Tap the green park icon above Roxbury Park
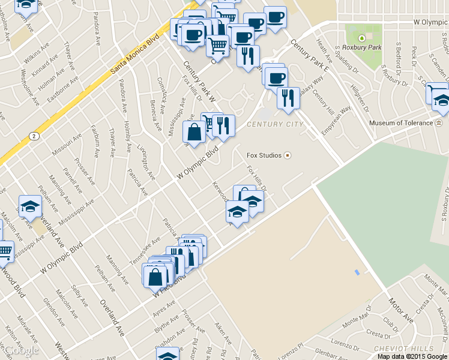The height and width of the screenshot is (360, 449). pos(362,38)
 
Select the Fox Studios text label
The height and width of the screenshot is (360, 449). pos(264,155)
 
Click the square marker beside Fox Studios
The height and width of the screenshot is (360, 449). pos(288,155)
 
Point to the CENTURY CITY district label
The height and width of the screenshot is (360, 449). pos(274,124)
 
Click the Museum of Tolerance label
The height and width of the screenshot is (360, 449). pos(400,123)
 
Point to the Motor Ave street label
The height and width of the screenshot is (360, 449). pos(400,310)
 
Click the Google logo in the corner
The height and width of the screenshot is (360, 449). pos(20,350)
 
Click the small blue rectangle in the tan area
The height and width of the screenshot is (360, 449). pos(357,273)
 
